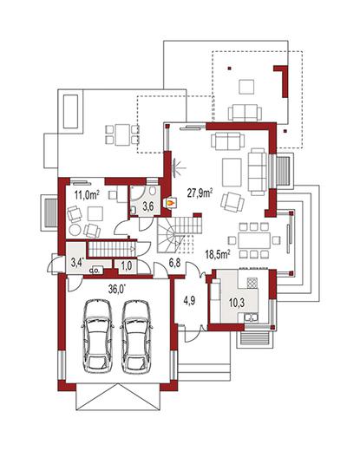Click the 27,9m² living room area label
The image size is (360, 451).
coord(200,193)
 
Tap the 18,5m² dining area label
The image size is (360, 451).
coord(218,254)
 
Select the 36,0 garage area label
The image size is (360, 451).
coord(117,289)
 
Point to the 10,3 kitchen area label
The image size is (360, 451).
coord(237,303)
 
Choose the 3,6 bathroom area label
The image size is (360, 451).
coord(148,206)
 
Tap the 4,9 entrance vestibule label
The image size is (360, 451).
coord(190,301)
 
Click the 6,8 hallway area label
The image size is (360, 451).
coord(175,263)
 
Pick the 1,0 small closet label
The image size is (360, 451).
coord(127,265)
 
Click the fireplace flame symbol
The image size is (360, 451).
coord(170,202)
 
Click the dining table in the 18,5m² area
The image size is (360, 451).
coord(254,240)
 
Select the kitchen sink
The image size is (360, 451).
coord(252,317)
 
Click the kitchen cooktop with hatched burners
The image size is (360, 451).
coord(252,283)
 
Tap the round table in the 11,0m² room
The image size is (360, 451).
coord(75,231)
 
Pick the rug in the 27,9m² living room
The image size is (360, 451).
coord(232,173)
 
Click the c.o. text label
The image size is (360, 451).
coord(95,271)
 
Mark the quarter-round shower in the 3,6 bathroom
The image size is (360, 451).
coord(137,193)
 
